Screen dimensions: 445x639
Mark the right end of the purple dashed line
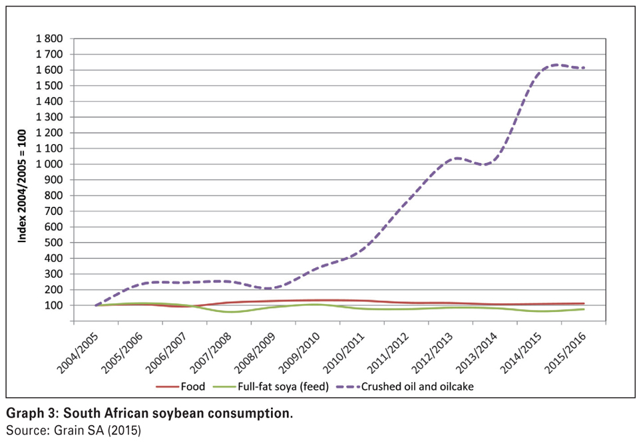[x=584, y=68]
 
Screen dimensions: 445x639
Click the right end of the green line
[x=584, y=309]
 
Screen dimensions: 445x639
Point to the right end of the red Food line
[x=584, y=304]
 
